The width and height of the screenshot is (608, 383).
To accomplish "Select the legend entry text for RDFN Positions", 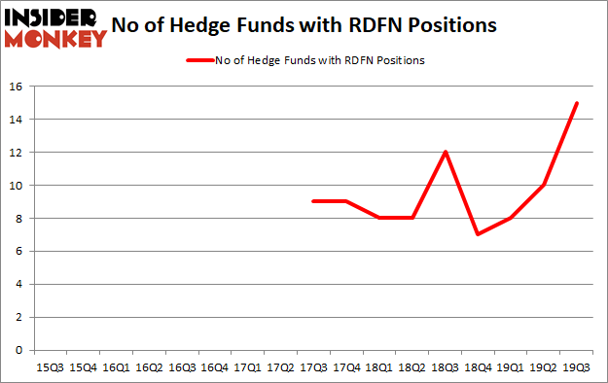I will [x=313, y=60].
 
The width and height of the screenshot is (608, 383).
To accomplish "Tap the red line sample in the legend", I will [x=201, y=60].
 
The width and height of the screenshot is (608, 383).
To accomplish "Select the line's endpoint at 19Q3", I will [x=577, y=103].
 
